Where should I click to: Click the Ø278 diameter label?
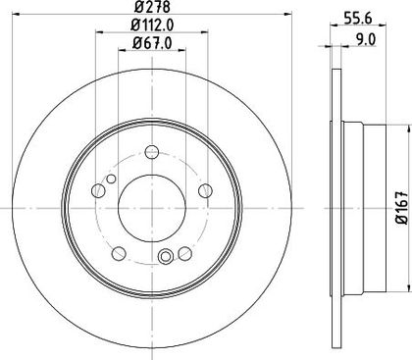(x=152, y=7)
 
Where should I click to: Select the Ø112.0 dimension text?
(x=152, y=25)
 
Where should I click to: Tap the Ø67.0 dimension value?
(x=152, y=43)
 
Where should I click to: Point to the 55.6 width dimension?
(x=358, y=19)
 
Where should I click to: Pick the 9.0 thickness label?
(x=366, y=40)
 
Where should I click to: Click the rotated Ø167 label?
(x=402, y=208)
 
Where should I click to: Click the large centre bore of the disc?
(x=152, y=208)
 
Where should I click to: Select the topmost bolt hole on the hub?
(x=152, y=151)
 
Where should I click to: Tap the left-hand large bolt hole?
(x=98, y=190)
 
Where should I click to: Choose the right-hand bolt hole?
(x=206, y=190)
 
